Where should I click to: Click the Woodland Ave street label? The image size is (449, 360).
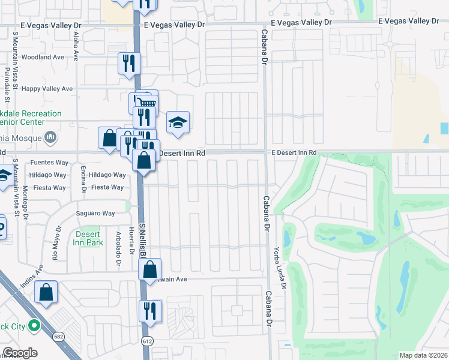point(42,57)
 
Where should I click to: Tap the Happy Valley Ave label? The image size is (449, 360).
point(47,89)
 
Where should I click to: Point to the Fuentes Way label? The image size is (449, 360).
point(49,163)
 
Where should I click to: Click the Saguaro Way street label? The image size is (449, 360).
point(95,214)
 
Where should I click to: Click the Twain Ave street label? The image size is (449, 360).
point(174,279)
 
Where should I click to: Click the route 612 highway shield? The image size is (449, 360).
point(146,341)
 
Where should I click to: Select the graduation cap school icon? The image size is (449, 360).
point(178,123)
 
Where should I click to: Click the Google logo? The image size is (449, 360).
point(20,353)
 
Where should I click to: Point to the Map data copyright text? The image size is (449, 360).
point(423,355)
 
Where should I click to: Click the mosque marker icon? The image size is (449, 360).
point(50,137)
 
